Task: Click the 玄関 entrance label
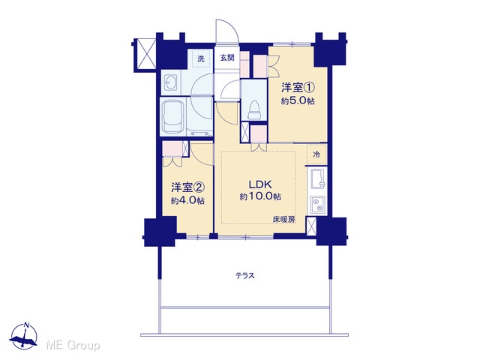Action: [x=227, y=58]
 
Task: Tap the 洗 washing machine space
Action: [x=201, y=58]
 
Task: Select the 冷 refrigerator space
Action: [x=316, y=155]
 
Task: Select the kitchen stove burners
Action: [x=318, y=205]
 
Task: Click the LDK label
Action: [x=260, y=184]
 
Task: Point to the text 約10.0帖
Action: [x=260, y=196]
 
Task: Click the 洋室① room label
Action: [x=298, y=88]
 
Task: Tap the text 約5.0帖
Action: [x=298, y=101]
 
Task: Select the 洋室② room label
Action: [x=187, y=187]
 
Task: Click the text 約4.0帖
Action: [x=187, y=201]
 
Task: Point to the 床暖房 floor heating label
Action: [x=283, y=220]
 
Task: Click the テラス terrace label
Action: [x=245, y=276]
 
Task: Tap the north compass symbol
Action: [x=24, y=335]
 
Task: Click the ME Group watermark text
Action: [x=73, y=346]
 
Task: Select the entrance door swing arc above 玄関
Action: [x=226, y=32]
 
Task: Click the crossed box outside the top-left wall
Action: [x=145, y=55]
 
